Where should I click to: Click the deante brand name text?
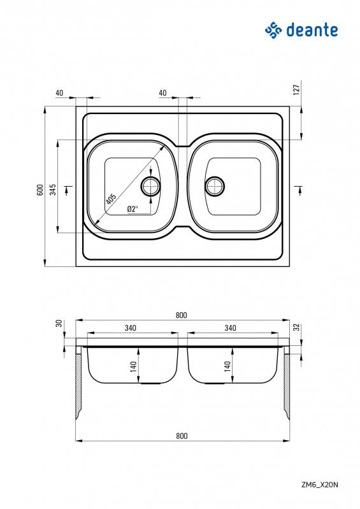[312, 30]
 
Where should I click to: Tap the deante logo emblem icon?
[273, 30]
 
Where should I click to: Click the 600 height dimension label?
[40, 190]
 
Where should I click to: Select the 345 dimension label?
[53, 190]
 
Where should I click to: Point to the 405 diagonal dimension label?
[111, 198]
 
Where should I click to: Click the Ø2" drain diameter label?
[133, 209]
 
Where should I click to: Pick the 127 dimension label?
[296, 89]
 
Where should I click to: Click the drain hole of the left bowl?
[150, 186]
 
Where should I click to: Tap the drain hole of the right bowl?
[215, 186]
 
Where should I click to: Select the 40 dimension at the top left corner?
[59, 93]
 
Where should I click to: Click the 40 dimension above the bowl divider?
[162, 93]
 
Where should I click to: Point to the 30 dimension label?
[59, 324]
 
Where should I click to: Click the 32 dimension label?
[296, 327]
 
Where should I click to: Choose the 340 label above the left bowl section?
[130, 328]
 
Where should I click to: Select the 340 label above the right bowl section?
[230, 328]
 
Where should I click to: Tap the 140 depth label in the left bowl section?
[133, 366]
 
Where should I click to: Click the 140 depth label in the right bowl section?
[227, 366]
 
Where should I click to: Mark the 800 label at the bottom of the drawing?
[182, 436]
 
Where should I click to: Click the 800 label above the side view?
[182, 315]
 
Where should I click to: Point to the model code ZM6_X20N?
[320, 485]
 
